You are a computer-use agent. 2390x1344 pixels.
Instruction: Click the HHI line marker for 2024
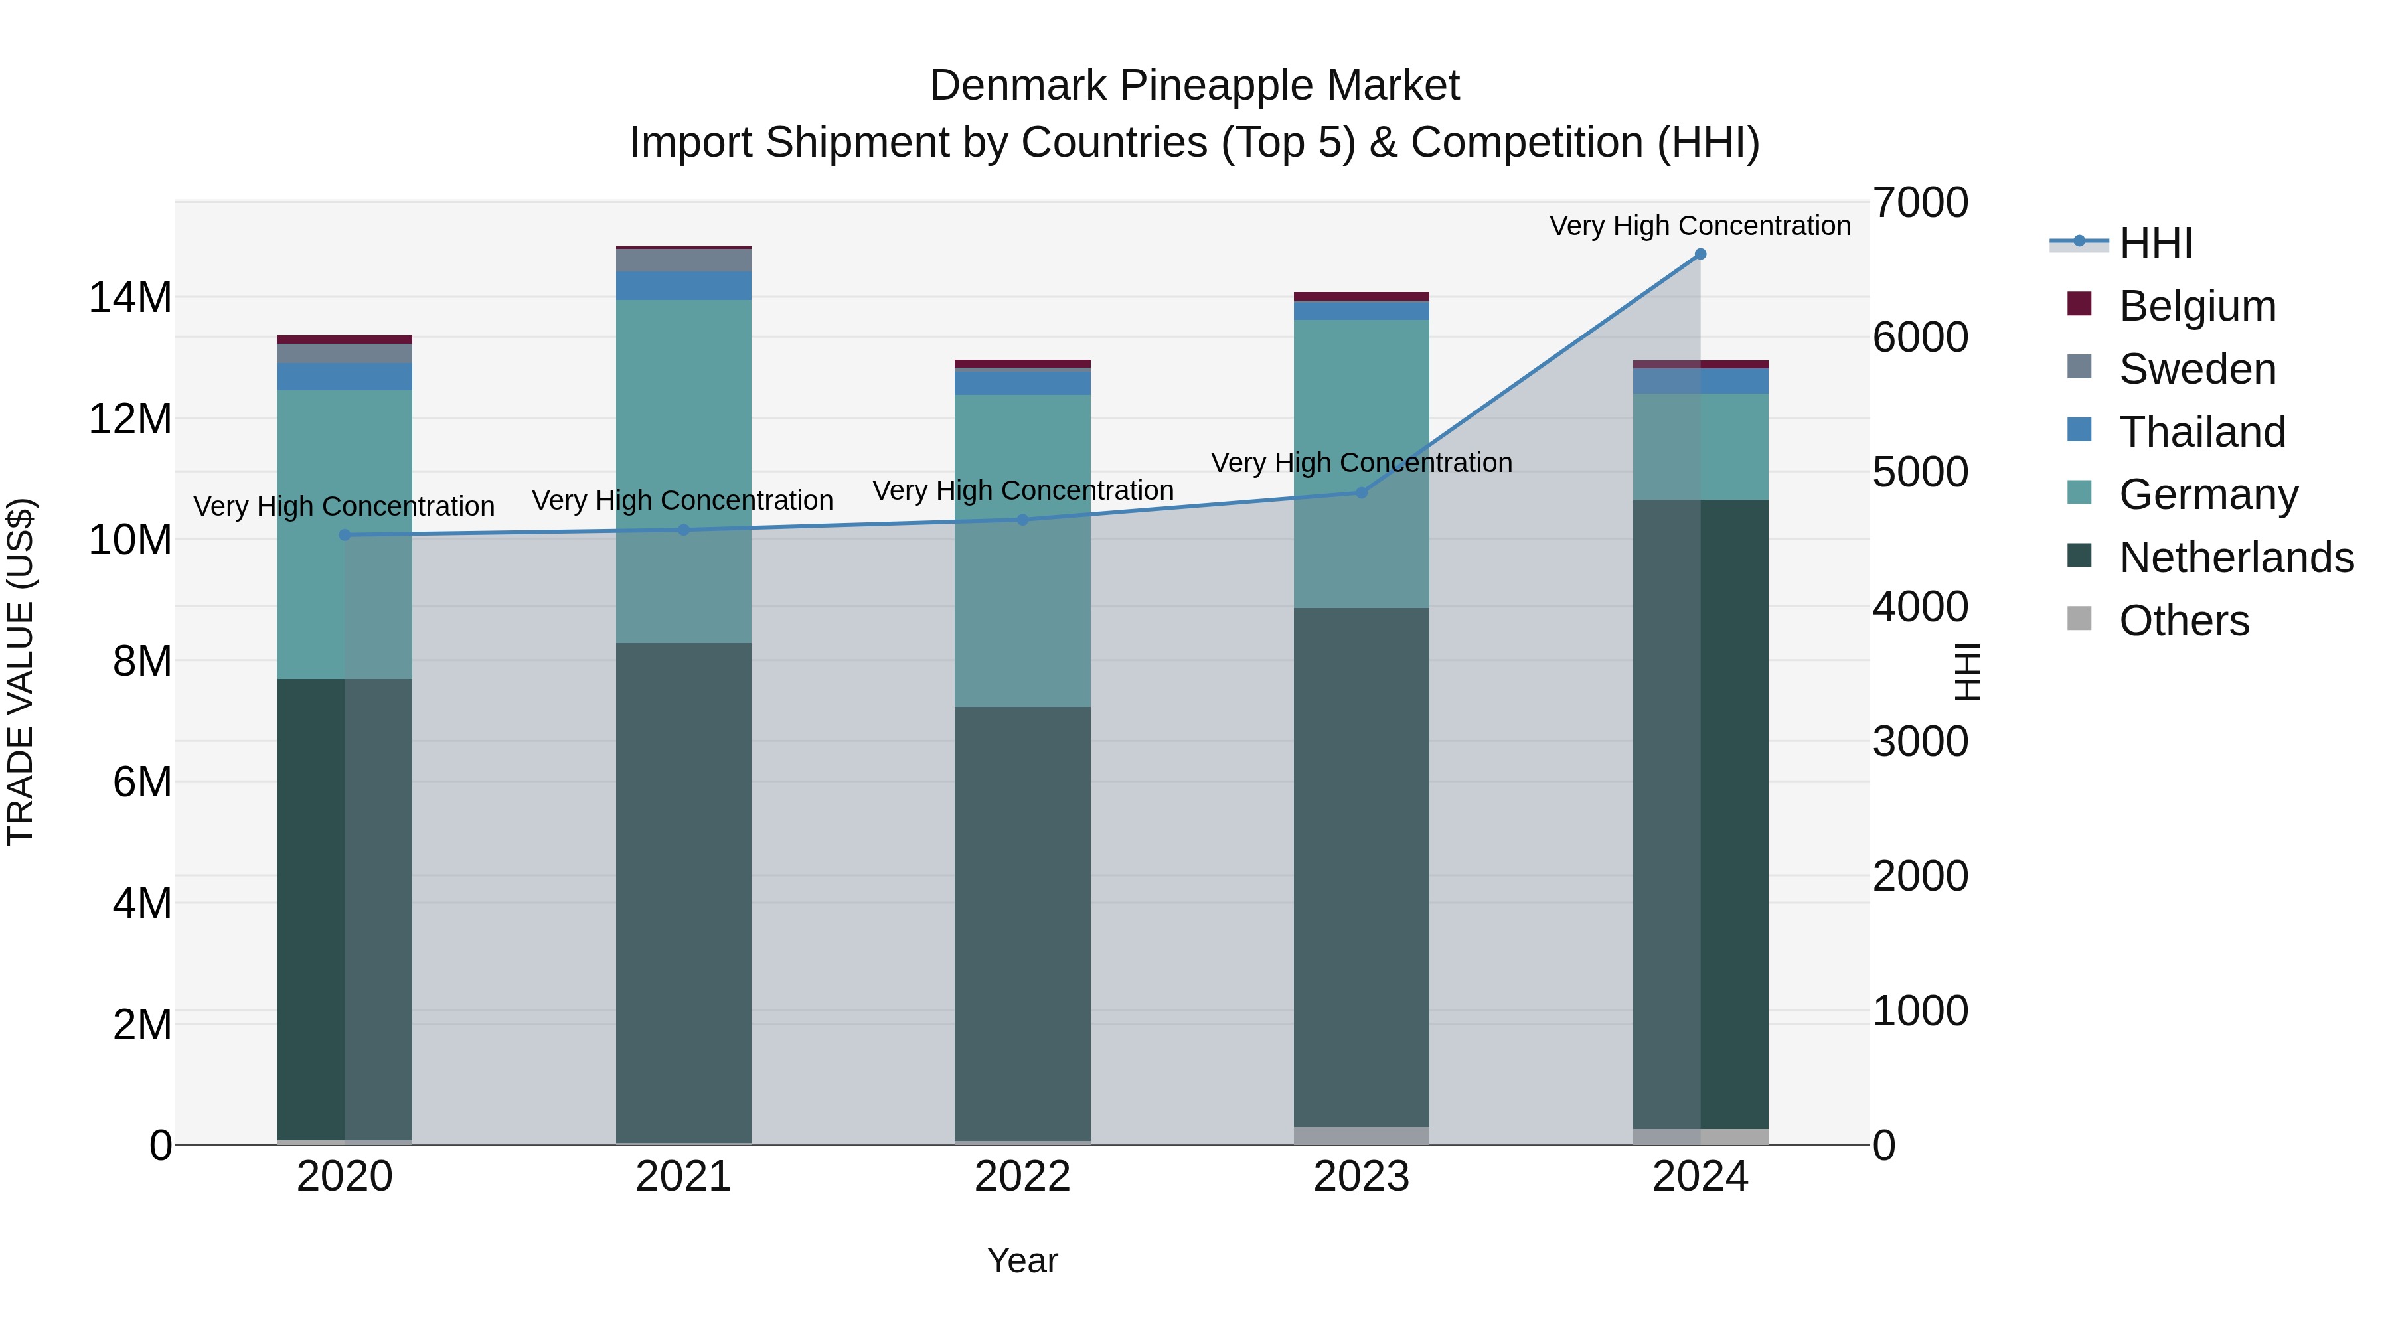click(x=1700, y=254)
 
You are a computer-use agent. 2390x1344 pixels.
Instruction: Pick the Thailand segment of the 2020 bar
click(x=344, y=376)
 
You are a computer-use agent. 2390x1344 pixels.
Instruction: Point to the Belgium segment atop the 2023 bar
click(x=1361, y=297)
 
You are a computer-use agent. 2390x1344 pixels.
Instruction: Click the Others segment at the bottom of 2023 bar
click(x=1361, y=1136)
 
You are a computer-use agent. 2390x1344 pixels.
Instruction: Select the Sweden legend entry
click(x=2197, y=369)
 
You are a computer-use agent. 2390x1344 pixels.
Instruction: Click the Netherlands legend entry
click(x=2236, y=558)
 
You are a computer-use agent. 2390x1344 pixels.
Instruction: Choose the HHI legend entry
click(x=2155, y=243)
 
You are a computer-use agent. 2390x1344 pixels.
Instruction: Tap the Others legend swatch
click(x=2079, y=619)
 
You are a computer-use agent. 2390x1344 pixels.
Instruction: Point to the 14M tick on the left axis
click(x=130, y=298)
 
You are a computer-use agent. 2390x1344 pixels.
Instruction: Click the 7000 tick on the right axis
click(x=1919, y=202)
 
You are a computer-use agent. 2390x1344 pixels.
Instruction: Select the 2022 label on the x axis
click(x=1022, y=1177)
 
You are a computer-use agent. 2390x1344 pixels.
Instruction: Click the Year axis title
click(x=1022, y=1260)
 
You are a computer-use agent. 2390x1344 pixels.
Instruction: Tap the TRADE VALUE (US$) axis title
click(x=21, y=672)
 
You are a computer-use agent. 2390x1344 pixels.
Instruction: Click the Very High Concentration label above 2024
click(x=1700, y=226)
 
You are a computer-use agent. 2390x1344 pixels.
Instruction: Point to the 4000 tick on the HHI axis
click(x=1919, y=607)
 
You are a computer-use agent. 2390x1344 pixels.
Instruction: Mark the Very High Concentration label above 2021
click(x=683, y=501)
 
